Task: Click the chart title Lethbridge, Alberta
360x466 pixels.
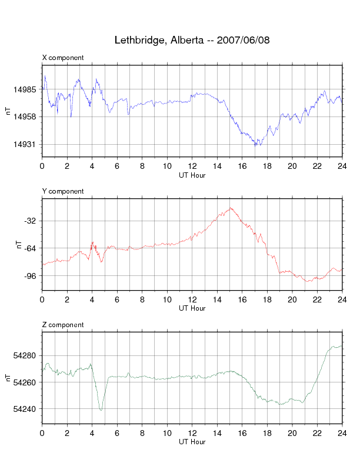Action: (192, 41)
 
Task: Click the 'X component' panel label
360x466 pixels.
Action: (63, 58)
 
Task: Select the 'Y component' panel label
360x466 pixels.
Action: (63, 191)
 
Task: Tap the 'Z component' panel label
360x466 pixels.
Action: (63, 325)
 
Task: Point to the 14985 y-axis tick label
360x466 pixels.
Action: (28, 89)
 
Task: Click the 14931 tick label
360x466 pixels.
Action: (28, 145)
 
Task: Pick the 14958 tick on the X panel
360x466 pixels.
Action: (28, 117)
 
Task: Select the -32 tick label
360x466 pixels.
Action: (32, 221)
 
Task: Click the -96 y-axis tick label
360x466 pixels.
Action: (32, 276)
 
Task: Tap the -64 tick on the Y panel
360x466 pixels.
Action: (32, 248)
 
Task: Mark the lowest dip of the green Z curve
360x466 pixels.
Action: (101, 410)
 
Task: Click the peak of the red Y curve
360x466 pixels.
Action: (231, 208)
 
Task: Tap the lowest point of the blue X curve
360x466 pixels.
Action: (255, 145)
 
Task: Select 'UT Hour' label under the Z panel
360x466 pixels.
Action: (192, 442)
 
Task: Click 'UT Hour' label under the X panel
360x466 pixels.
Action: (192, 175)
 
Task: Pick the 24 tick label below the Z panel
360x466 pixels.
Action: (342, 434)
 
